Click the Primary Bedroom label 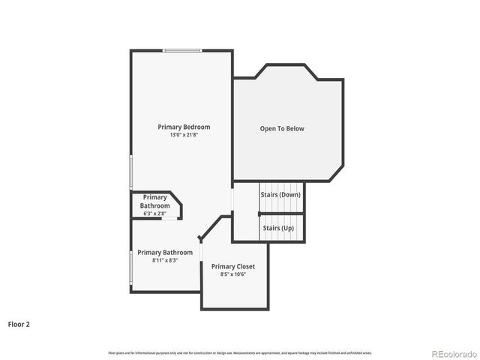point(184,127)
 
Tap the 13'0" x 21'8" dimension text point(184,135)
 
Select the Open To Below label point(282,129)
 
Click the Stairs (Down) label point(280,195)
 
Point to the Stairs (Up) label point(277,227)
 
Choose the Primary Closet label point(233,266)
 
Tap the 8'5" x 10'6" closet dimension point(233,274)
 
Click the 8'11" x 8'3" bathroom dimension point(165,260)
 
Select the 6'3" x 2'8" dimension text point(155,214)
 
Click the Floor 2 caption point(19,325)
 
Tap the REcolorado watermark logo point(453,353)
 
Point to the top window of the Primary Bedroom point(183,50)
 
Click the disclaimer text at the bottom point(240,352)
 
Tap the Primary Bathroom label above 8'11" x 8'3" point(165,253)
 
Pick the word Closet point(244,266)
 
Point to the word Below point(295,129)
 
